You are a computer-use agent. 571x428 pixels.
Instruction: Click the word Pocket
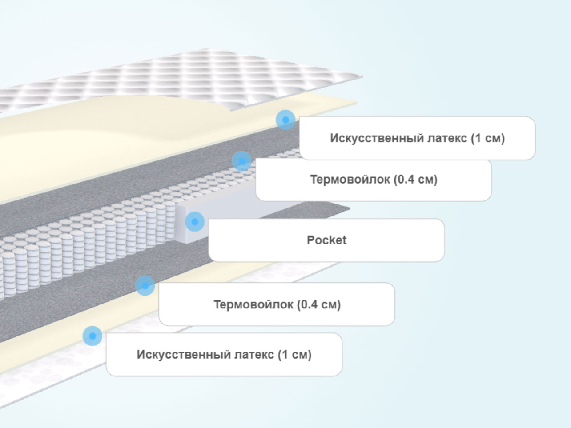pyautogui.click(x=326, y=240)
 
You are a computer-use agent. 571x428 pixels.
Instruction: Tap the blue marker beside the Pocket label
pyautogui.click(x=195, y=222)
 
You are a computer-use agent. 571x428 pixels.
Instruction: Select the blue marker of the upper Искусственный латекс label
pyautogui.click(x=285, y=120)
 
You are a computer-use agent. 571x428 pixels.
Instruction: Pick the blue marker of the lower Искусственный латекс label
pyautogui.click(x=92, y=336)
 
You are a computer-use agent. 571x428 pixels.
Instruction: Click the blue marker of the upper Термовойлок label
pyautogui.click(x=241, y=161)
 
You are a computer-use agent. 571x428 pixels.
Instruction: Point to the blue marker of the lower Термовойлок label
pyautogui.click(x=145, y=286)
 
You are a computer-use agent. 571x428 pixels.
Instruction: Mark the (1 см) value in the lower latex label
pyautogui.click(x=294, y=355)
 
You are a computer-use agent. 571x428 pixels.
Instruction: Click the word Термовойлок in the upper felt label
pyautogui.click(x=350, y=180)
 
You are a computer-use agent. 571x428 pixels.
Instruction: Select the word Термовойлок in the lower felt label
pyautogui.click(x=253, y=304)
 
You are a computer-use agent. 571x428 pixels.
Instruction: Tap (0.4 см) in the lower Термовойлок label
pyautogui.click(x=319, y=304)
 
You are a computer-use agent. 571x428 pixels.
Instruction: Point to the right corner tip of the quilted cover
pyautogui.click(x=362, y=76)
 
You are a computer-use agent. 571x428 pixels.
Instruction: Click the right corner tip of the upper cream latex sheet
pyautogui.click(x=357, y=102)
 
